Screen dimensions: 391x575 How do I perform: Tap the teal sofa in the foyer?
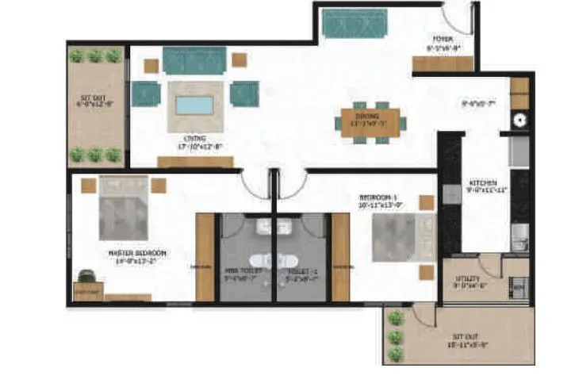click(x=353, y=25)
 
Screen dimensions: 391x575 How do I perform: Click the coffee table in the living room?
click(x=194, y=105)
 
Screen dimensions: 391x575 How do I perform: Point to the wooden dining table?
click(x=370, y=123)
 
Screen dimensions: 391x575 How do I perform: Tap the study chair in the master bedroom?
click(x=86, y=277)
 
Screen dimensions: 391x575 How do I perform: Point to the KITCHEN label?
click(x=483, y=186)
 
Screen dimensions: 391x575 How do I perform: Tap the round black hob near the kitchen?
click(x=520, y=121)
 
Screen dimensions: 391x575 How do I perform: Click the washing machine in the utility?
click(x=519, y=286)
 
